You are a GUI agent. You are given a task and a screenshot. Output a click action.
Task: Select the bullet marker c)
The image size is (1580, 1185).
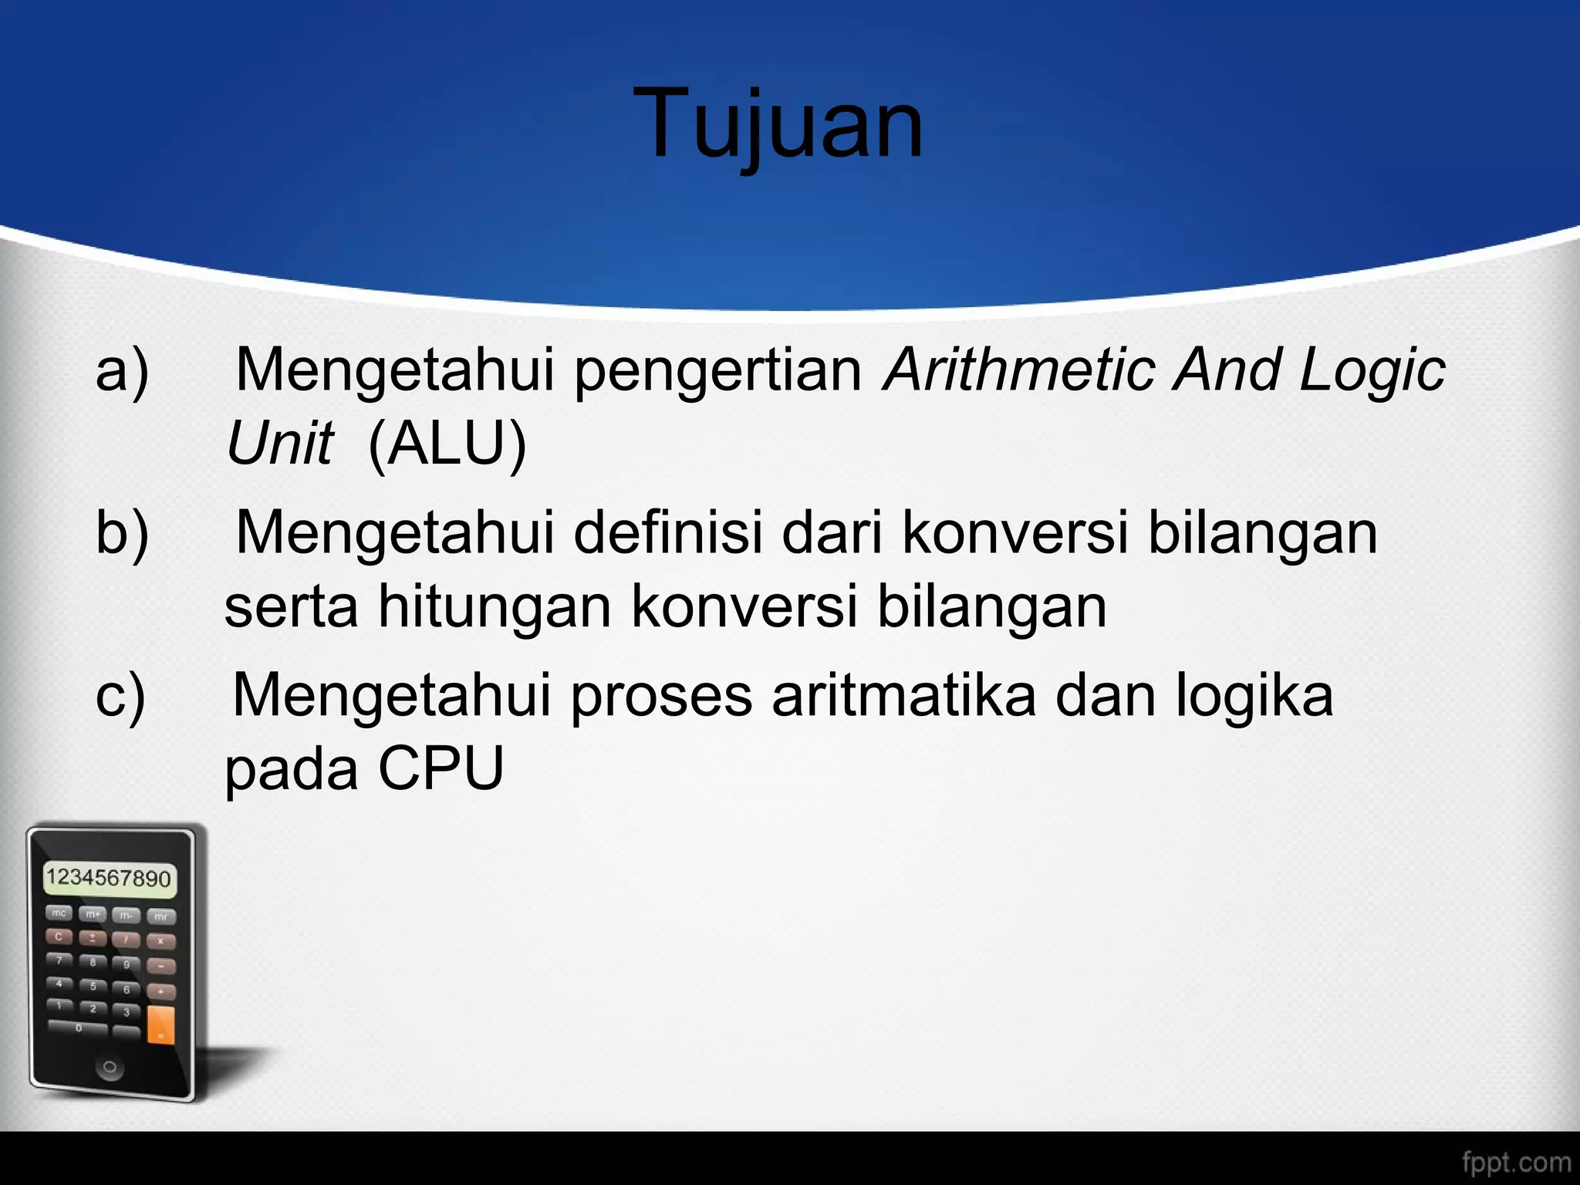[x=120, y=697]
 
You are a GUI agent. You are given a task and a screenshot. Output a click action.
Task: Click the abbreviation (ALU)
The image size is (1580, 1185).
[x=447, y=444]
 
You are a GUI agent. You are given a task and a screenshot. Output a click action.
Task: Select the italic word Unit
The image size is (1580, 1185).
[x=279, y=444]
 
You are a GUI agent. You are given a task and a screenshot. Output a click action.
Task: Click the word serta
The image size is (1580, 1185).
[x=291, y=606]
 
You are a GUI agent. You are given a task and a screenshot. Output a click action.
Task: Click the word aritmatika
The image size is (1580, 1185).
[x=903, y=695]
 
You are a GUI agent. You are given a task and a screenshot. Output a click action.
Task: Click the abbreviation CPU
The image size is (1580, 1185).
[x=441, y=768]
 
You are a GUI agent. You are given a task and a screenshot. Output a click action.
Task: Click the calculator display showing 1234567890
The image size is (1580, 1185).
[x=109, y=879]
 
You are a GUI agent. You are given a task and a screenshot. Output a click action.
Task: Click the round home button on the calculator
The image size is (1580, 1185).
[x=110, y=1068]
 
